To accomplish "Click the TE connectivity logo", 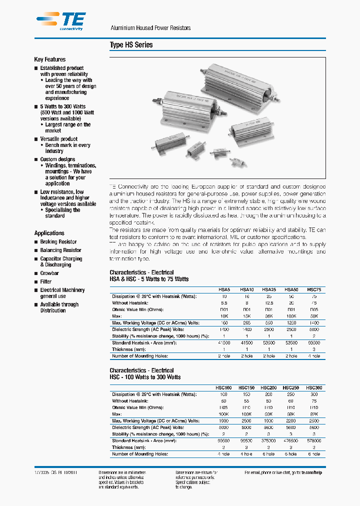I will (60, 21).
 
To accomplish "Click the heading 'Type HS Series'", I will (131, 45).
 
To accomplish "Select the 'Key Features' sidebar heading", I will (49, 59).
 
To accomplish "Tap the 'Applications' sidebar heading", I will (49, 233).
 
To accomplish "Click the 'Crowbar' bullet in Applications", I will (49, 273).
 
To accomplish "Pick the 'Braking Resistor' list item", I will (58, 242).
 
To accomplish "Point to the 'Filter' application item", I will (46, 281).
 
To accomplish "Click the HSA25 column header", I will (269, 290).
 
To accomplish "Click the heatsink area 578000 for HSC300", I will (314, 440).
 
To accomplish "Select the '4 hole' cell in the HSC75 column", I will (314, 356).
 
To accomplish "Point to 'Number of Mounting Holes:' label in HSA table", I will (139, 356).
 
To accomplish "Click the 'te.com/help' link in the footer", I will (313, 472).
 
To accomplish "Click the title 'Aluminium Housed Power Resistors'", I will (150, 28).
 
